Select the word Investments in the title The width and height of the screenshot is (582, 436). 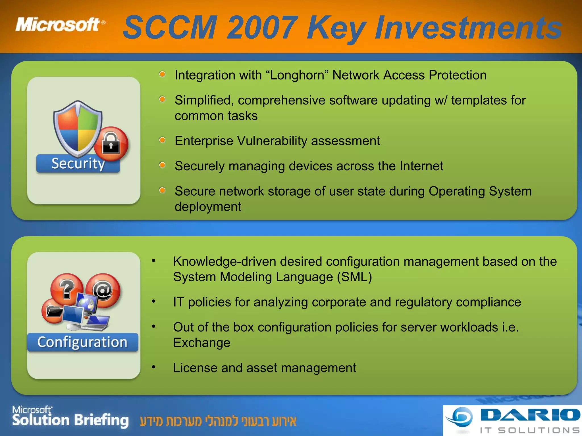(x=468, y=28)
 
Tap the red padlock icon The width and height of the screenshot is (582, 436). (x=111, y=144)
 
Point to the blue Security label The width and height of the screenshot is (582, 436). (x=78, y=164)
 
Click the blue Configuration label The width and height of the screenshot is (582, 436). (x=82, y=342)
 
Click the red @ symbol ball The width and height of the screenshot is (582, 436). (x=103, y=290)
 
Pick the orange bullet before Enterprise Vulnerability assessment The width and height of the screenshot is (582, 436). (x=162, y=140)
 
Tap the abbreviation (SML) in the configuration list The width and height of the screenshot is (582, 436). (x=354, y=277)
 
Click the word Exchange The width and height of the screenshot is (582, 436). (x=202, y=343)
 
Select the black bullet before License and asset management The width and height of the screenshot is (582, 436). (x=153, y=367)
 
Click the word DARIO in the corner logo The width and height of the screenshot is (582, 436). (x=530, y=415)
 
